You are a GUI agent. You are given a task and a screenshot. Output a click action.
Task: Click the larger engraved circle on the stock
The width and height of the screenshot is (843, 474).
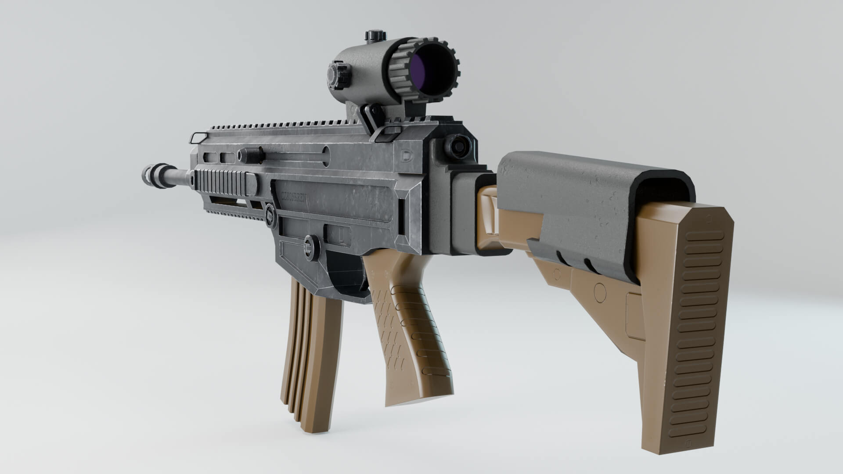pos(600,291)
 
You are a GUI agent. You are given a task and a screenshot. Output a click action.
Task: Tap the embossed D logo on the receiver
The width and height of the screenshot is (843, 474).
pos(407,154)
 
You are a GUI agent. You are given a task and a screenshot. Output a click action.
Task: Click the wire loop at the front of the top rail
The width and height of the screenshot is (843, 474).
pos(198,137)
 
